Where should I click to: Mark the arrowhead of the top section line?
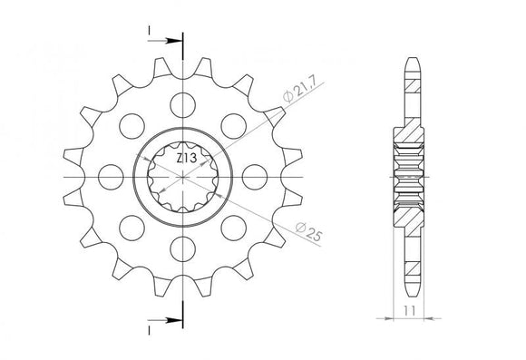pyautogui.click(x=176, y=41)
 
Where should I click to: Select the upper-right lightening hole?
pyautogui.click(x=235, y=123)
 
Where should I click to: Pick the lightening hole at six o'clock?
pyautogui.click(x=182, y=246)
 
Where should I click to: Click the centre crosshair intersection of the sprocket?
pyautogui.click(x=182, y=174)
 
